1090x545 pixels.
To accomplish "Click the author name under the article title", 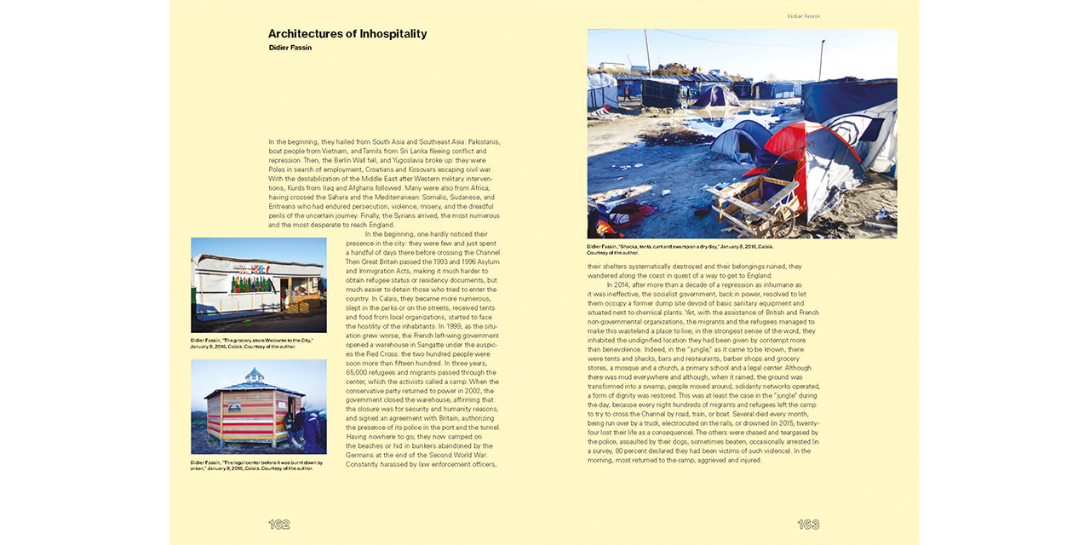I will point(290,48).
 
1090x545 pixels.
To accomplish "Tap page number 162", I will point(279,525).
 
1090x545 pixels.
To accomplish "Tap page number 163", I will point(808,525).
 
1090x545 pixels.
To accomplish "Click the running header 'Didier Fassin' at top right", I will point(803,16).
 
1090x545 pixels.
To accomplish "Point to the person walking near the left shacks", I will point(628,92).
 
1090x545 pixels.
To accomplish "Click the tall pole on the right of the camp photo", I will point(820,60).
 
